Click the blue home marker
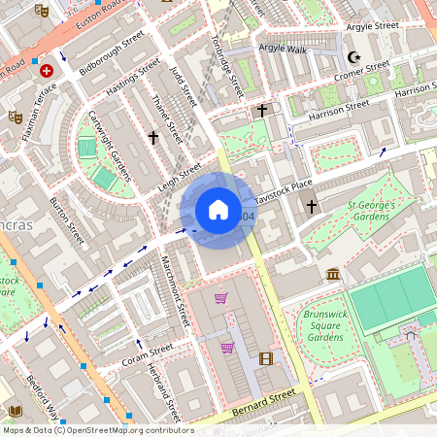click(218, 210)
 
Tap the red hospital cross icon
click(46, 71)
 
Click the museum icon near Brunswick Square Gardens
click(333, 275)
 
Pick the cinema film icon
click(266, 358)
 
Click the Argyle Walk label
click(282, 49)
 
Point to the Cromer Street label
click(361, 71)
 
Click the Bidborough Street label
click(112, 54)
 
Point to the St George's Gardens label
click(372, 212)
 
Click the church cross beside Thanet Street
click(152, 138)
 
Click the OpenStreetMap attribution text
click(97, 430)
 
